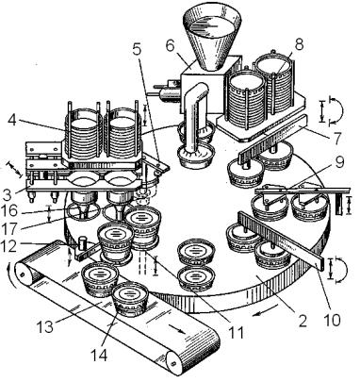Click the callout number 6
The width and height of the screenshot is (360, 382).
[x=170, y=46]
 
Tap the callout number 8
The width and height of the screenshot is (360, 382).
[x=299, y=44]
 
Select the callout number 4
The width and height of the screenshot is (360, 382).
[x=12, y=121]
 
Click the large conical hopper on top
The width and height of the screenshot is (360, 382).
[x=211, y=35]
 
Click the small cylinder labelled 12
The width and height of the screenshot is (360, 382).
[x=83, y=242]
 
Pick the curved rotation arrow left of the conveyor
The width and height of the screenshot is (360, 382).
[x=11, y=276]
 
